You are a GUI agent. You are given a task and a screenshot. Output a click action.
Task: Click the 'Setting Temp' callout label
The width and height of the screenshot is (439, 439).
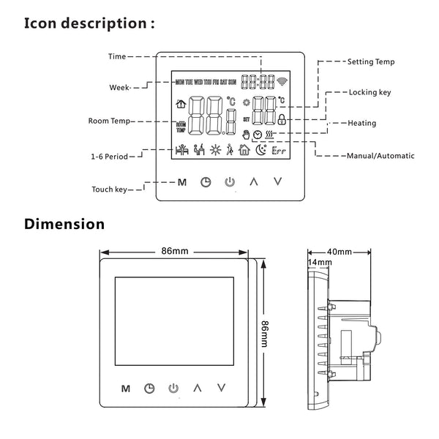370,63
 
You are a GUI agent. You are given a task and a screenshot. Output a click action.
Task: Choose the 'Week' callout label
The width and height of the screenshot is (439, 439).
119,87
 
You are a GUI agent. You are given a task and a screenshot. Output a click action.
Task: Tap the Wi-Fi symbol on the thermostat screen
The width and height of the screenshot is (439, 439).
284,81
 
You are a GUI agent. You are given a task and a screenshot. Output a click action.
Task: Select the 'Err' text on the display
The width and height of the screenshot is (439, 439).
279,153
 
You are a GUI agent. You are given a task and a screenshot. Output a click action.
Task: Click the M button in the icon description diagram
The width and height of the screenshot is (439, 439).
182,181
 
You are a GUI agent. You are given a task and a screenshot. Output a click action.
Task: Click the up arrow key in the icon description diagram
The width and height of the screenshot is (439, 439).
253,181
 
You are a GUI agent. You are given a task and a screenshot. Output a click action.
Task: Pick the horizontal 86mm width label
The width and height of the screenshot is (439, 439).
174,250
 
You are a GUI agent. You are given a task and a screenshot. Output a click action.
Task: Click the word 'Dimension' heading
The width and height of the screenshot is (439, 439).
64,224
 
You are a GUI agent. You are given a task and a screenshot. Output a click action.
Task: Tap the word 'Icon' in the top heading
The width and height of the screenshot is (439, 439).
44,23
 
